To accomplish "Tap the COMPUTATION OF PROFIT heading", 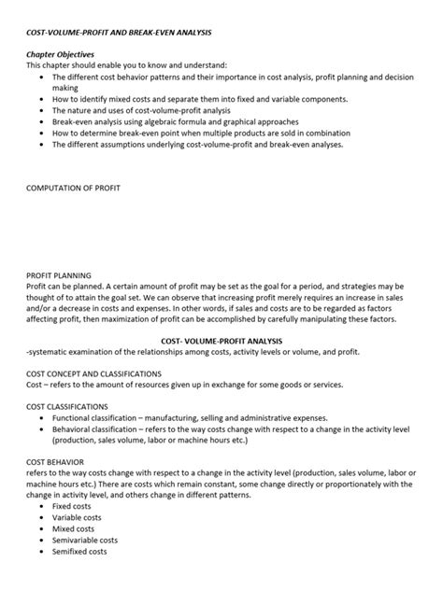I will [73, 188].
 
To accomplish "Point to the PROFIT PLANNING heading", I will [58, 275].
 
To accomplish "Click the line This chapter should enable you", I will [121, 66].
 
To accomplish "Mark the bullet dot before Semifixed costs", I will [43, 553].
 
